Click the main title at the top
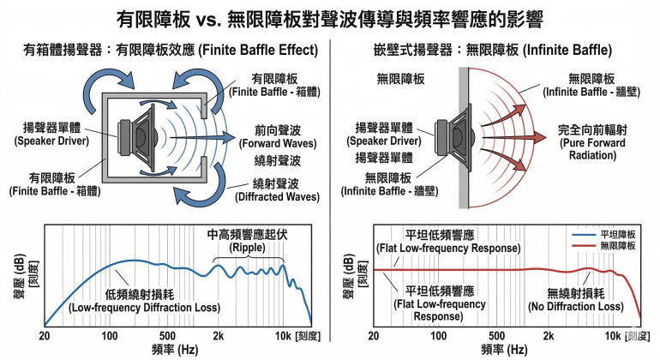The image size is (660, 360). pos(330,18)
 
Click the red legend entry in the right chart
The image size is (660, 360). pos(613,245)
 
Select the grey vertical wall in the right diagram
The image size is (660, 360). pos(464,137)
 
